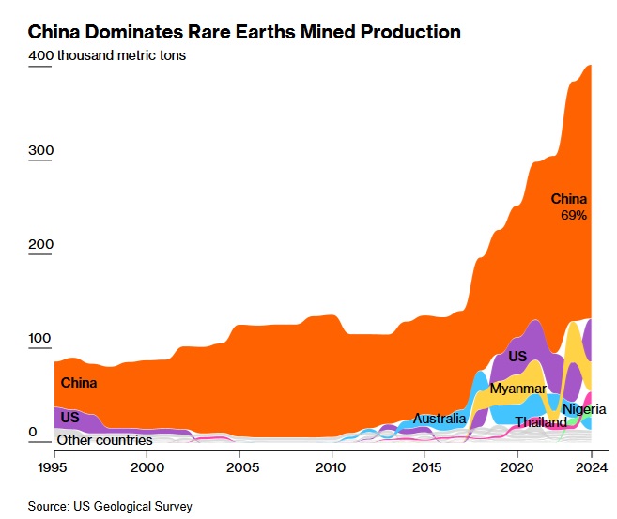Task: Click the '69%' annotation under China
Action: (x=574, y=215)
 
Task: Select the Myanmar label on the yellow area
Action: (x=517, y=389)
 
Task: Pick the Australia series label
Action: (x=440, y=419)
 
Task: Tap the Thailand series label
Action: (x=541, y=422)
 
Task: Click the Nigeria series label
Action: (x=584, y=409)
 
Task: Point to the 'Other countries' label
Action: (x=104, y=439)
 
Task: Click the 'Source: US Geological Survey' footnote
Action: (x=110, y=506)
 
